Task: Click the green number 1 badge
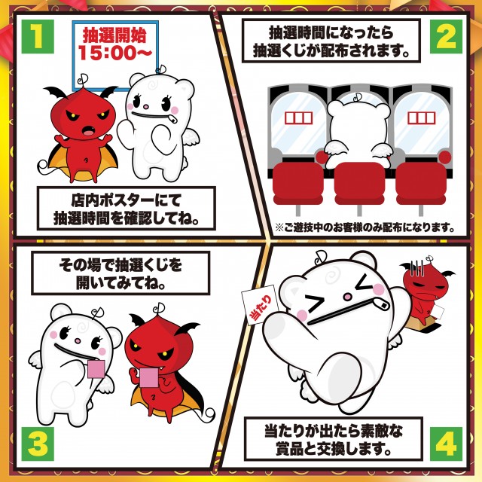[38, 36]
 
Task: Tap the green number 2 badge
[446, 36]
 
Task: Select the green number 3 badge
[38, 444]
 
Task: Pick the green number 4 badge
[446, 444]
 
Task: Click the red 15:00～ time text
[115, 52]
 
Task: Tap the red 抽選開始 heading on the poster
[114, 35]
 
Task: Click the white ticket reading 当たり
[261, 305]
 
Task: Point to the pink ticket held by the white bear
[96, 368]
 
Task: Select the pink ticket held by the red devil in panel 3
[149, 377]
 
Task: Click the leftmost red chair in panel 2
[298, 184]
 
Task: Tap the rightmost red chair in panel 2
[421, 184]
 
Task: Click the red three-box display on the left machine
[298, 118]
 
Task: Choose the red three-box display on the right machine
[422, 118]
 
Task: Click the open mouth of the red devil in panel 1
[90, 130]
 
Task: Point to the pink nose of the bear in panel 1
[145, 107]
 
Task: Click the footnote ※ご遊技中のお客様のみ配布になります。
[365, 227]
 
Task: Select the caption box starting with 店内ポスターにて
[126, 208]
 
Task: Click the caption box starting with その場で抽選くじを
[120, 273]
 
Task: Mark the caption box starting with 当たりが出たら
[334, 438]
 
